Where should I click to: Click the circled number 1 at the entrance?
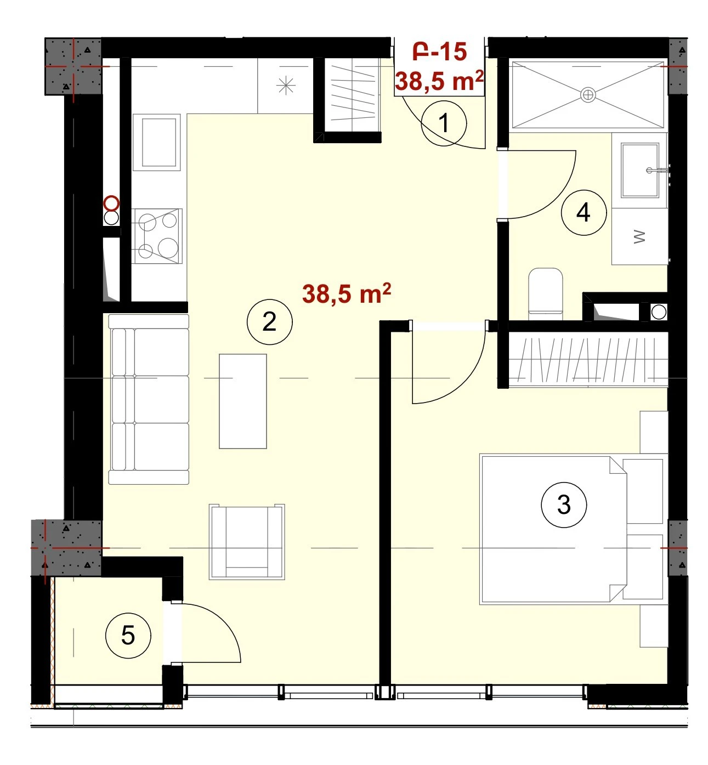coord(444,123)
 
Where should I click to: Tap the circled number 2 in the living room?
coord(269,322)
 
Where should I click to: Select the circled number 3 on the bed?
coord(564,505)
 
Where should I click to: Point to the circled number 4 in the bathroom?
coord(584,213)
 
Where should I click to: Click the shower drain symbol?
coord(588,94)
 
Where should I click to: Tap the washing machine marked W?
coord(639,236)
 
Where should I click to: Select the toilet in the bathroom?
coord(545,293)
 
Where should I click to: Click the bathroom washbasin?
coord(640,170)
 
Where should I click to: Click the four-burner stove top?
coord(157,236)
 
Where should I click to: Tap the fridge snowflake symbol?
coord(286,86)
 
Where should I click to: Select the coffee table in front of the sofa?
coord(243,401)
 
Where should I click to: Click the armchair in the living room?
coord(247,542)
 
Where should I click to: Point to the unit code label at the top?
coord(440,52)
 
